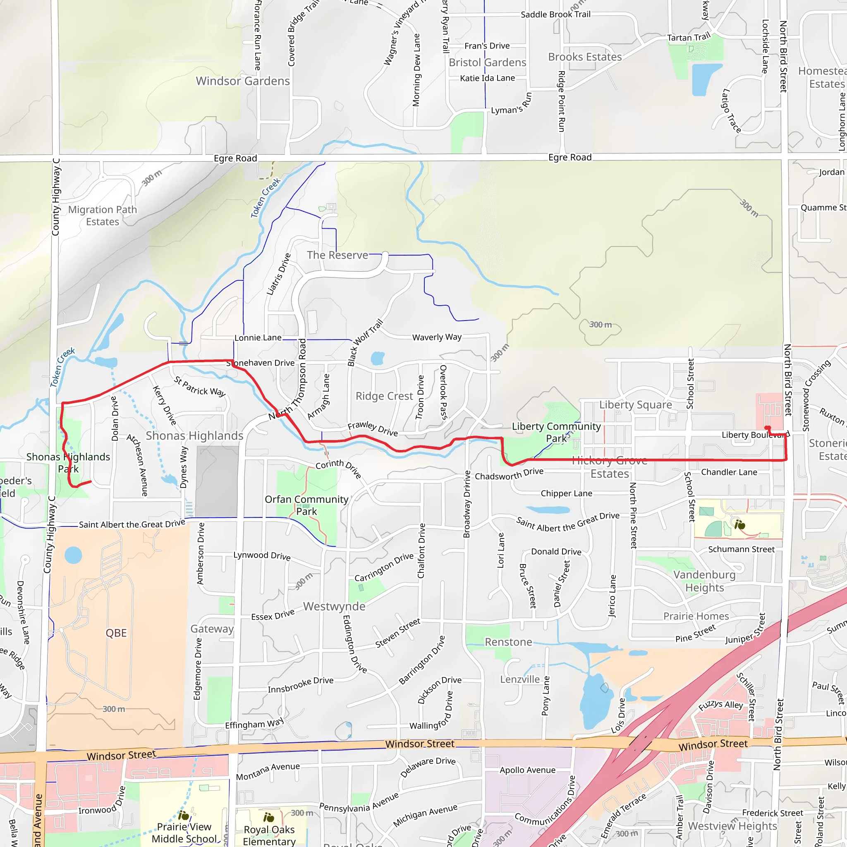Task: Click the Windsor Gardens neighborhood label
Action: (242, 81)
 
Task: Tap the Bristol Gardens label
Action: (487, 63)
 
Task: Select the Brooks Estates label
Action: (585, 57)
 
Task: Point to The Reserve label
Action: (337, 255)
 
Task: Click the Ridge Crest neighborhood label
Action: (384, 396)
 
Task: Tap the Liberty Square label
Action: (635, 404)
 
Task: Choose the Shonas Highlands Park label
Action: (68, 463)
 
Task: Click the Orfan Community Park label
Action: (306, 505)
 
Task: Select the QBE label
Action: (116, 633)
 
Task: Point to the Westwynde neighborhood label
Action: (334, 606)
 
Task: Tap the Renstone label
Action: (508, 642)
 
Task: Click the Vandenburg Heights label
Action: (704, 581)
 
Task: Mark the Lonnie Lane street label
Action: (258, 337)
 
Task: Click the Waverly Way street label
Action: (437, 337)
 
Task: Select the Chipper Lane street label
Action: (566, 493)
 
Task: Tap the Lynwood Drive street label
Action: (262, 555)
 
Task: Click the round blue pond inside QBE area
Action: (73, 555)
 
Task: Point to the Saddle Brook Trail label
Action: (555, 14)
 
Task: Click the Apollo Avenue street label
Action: (527, 770)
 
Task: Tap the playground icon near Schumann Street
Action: (740, 524)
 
